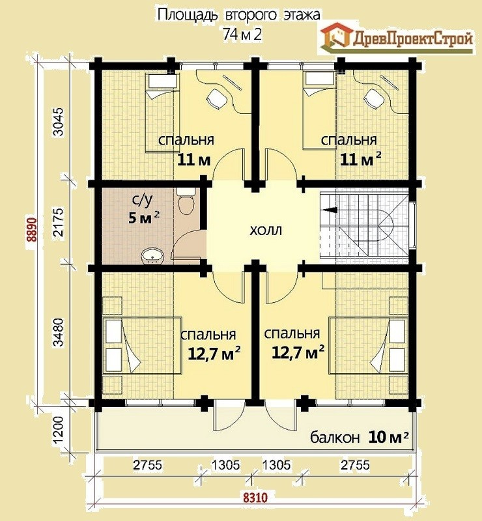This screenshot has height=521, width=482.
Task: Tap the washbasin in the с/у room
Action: coord(153,256)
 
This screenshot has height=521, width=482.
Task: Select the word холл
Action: coord(266,230)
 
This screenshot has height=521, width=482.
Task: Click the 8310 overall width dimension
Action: coord(255,498)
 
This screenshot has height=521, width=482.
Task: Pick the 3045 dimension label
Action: coord(58,122)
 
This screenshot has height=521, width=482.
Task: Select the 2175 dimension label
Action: coord(58,222)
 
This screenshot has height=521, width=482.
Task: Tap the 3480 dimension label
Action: coord(58,332)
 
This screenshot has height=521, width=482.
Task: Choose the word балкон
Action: coord(335,437)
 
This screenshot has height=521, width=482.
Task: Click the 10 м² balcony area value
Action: coord(388,436)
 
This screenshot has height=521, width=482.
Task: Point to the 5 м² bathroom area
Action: coord(143,218)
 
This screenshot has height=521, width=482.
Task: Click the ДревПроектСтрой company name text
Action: coord(412,39)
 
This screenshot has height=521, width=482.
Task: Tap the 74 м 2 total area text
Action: coord(242,35)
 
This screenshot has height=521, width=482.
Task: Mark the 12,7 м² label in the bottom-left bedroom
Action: coord(214,354)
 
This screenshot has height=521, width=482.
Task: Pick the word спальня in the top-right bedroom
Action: coord(348,140)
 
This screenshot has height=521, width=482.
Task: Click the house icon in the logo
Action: coord(336,36)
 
